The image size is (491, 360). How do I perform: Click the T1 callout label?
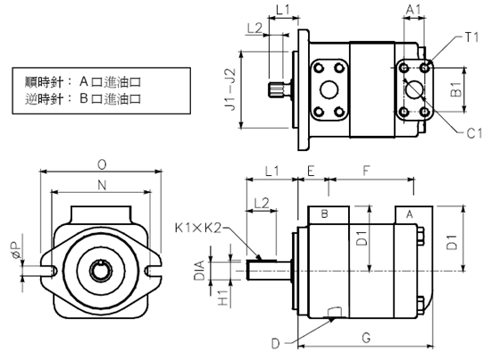[x=471, y=38]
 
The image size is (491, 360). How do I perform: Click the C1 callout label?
[x=474, y=133]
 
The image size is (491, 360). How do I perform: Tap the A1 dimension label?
[x=413, y=10]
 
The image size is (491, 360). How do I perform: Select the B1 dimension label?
[x=456, y=89]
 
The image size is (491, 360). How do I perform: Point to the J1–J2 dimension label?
[x=231, y=89]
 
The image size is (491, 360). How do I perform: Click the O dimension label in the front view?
[x=102, y=164]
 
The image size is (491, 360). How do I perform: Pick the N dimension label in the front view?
[x=102, y=185]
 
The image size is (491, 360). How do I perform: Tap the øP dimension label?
[x=16, y=250]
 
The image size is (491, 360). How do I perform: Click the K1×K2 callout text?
[x=198, y=228]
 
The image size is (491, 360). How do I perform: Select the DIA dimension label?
[x=199, y=270]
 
